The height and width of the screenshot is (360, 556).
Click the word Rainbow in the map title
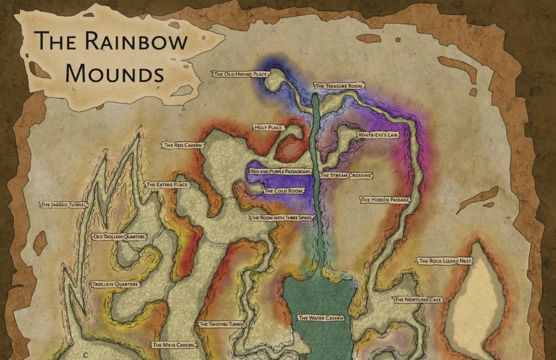coord(136,41)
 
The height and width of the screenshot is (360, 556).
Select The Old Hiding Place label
coord(240,75)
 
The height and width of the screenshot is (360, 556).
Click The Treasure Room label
coord(339,86)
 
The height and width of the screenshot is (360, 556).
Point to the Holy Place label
coord(268,128)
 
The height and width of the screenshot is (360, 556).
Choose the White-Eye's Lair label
coord(378,136)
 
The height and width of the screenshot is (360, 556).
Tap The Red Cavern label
coord(183,145)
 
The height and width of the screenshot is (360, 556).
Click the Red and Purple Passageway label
coord(280,172)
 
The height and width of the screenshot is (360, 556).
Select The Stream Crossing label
coord(346,175)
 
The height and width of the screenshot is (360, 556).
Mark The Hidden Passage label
coord(385,200)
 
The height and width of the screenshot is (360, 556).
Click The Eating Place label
coord(167,185)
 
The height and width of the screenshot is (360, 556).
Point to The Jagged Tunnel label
coord(64,204)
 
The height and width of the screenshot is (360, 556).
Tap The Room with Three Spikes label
coord(282,217)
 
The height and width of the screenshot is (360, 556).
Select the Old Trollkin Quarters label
coord(119,237)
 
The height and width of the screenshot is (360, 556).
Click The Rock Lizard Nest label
coord(445,261)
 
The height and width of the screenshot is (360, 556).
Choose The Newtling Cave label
coord(418,300)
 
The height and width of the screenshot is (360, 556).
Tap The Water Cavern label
coord(321,318)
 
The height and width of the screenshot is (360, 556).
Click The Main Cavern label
coord(173,345)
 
